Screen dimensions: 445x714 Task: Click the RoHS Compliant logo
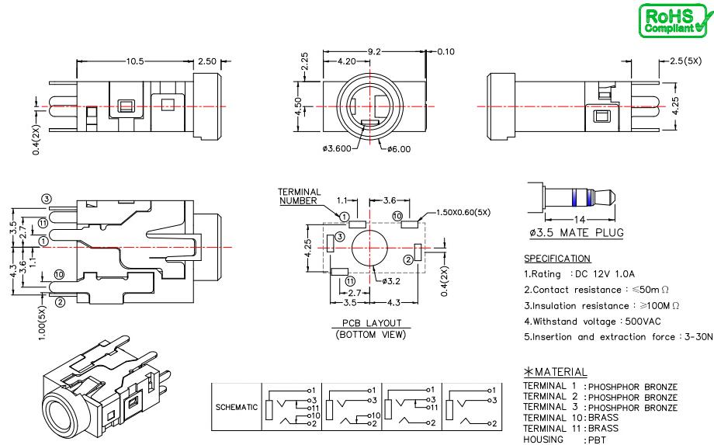672,19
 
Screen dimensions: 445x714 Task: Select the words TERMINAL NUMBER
298,196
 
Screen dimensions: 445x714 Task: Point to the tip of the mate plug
616,194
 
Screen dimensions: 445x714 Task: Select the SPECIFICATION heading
558,258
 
